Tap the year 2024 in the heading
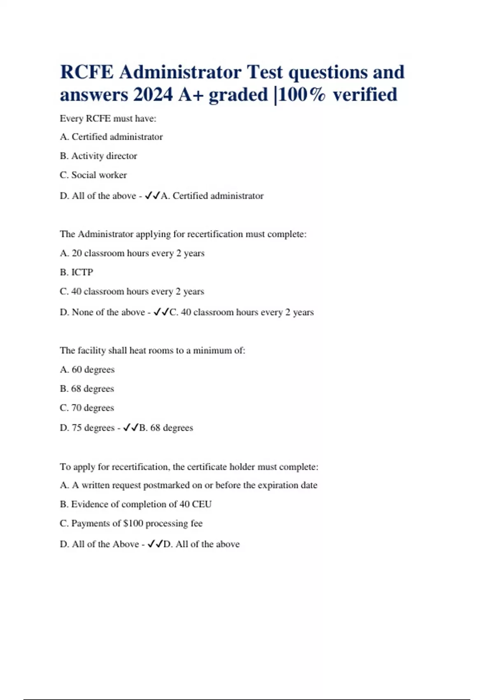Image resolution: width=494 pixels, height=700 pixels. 153,95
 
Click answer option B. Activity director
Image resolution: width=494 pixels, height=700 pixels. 98,156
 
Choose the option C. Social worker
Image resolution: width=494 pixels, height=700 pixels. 93,175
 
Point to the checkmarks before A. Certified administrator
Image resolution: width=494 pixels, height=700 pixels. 152,196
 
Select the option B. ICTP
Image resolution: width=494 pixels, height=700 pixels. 77,272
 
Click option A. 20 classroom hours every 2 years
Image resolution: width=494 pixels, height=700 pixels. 132,253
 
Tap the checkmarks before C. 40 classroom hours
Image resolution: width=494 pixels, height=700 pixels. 161,312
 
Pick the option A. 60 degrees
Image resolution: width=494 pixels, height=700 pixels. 87,370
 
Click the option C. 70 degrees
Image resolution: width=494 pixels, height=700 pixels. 87,408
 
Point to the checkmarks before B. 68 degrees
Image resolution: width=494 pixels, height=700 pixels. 131,428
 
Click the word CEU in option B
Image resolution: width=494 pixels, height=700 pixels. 202,504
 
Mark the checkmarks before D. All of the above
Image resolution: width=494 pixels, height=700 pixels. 155,544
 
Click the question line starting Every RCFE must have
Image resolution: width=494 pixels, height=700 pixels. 108,119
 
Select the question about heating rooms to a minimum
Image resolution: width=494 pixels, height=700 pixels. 152,350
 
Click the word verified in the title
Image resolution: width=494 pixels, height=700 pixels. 365,95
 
